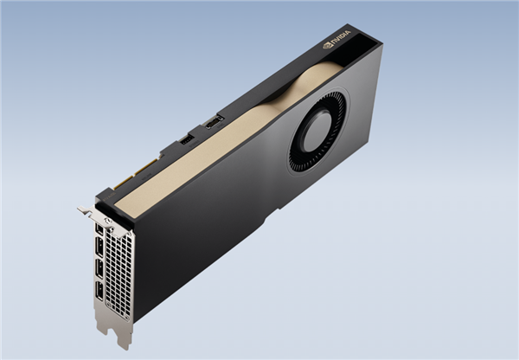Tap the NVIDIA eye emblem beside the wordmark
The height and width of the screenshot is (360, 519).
coord(328,44)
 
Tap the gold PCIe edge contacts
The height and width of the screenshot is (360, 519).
coord(143,173)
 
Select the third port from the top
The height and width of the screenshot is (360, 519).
coord(99,272)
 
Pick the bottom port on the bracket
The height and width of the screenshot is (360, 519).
coord(100,292)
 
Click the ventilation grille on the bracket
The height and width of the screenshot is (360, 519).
coord(119,268)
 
